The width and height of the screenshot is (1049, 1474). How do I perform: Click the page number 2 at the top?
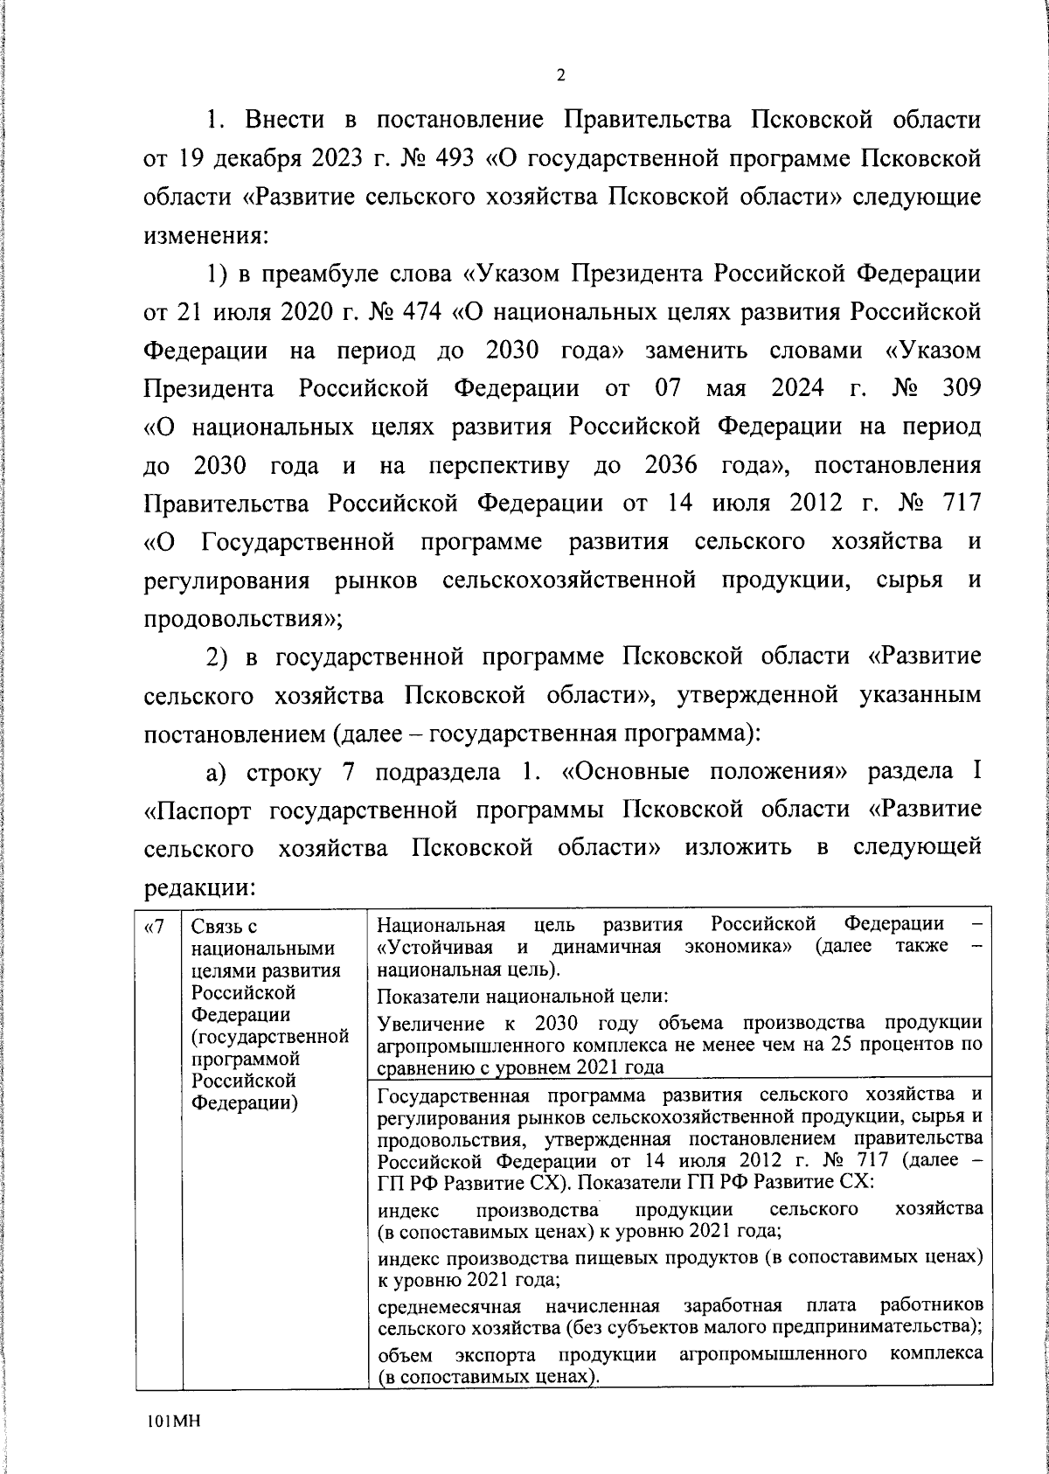coord(560,75)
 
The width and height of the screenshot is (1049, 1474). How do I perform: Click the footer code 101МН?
coord(174,1422)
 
